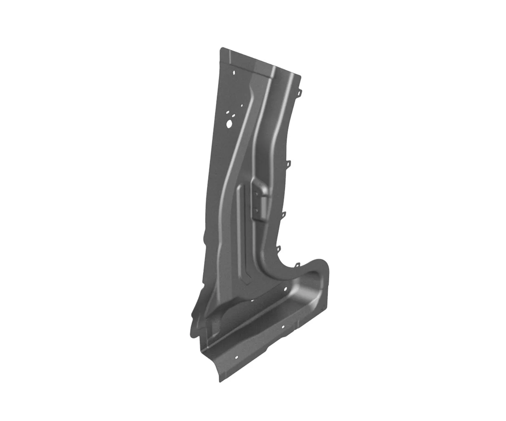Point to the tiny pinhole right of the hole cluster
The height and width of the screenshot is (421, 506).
click(242, 106)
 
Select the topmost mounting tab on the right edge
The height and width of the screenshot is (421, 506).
click(300, 92)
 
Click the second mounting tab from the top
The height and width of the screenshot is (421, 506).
click(288, 163)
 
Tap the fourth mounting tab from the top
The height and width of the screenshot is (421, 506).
click(278, 248)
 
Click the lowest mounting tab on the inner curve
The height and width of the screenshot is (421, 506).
click(297, 265)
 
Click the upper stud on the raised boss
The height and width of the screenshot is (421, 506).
click(256, 193)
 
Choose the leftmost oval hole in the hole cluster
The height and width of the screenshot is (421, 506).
click(227, 112)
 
